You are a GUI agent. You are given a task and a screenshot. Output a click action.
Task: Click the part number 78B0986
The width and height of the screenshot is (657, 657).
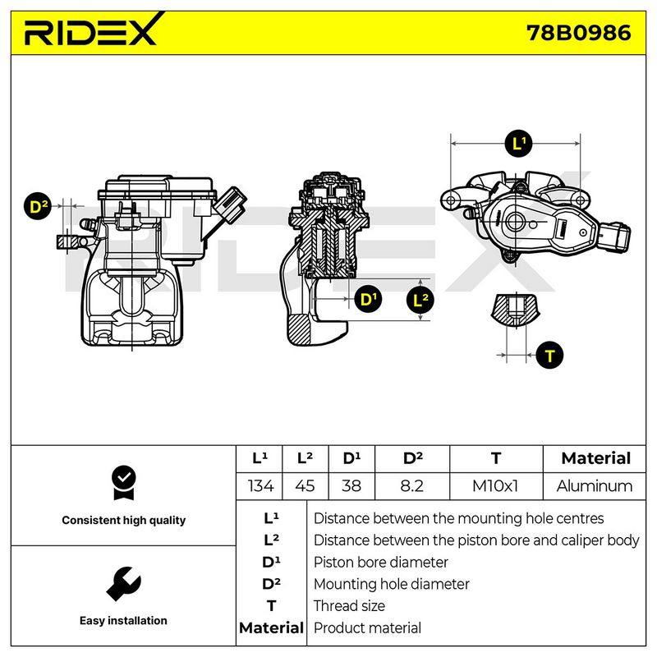[579, 33]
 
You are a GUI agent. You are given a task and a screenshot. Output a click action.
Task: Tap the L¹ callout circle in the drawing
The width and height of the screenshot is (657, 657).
[519, 144]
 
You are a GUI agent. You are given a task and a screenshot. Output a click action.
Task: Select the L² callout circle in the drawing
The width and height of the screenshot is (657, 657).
[420, 300]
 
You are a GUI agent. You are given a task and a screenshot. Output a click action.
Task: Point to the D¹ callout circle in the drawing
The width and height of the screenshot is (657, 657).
[368, 299]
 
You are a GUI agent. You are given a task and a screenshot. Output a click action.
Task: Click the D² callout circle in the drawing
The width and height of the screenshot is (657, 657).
[38, 207]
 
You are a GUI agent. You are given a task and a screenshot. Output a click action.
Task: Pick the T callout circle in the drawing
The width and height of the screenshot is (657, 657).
[549, 356]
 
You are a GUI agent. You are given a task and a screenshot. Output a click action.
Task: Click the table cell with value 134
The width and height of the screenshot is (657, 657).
[260, 486]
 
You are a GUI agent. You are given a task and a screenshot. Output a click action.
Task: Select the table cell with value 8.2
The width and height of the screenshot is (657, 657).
[412, 486]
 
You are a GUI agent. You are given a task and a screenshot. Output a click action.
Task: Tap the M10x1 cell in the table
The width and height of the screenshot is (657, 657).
[496, 486]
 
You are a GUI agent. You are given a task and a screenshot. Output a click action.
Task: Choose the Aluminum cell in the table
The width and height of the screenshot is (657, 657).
[594, 486]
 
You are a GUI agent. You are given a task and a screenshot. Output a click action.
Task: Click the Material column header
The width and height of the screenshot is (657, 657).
[595, 458]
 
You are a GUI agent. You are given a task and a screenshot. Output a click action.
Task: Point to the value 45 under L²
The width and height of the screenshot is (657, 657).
[305, 486]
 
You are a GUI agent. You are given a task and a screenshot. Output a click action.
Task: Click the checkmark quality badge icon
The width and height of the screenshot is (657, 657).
[124, 483]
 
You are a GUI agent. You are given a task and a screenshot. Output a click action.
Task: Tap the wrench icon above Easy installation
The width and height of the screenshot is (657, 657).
[124, 584]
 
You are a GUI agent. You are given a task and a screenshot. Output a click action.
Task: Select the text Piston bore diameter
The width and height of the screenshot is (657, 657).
[380, 563]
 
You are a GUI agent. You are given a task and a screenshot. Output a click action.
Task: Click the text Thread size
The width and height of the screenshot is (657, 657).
[349, 606]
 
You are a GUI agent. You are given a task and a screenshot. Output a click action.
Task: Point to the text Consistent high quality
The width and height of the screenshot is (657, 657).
[124, 521]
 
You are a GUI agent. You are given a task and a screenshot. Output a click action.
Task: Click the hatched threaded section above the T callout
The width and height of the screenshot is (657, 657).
[516, 310]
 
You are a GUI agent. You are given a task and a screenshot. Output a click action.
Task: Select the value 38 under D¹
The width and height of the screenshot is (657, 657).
[351, 486]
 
